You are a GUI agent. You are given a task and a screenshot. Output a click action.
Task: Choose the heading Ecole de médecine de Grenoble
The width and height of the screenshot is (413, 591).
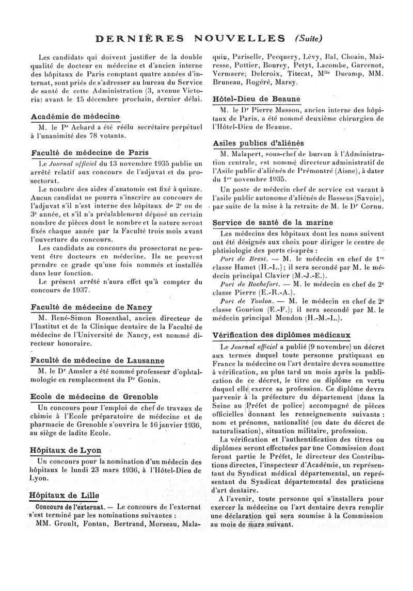tap(94, 397)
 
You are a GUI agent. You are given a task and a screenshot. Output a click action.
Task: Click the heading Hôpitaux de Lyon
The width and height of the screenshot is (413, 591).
tap(66, 450)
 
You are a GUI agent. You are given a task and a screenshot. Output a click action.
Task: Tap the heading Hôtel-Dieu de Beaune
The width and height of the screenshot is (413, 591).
tap(257, 99)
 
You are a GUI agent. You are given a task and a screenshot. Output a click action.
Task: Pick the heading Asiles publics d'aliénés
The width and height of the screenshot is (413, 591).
tap(259, 143)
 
